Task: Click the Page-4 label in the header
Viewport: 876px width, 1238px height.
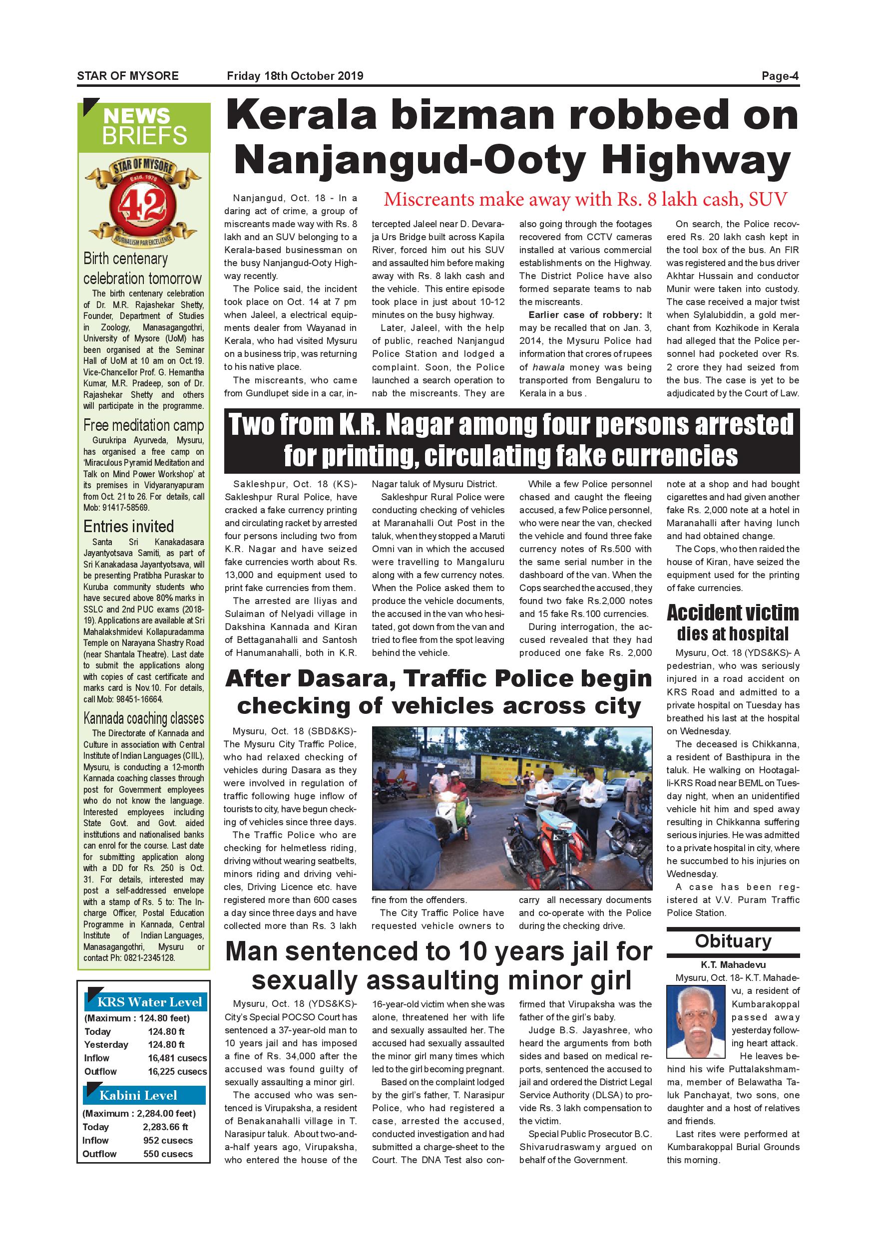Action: tap(780, 76)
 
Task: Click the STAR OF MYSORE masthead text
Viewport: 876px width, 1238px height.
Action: tap(128, 76)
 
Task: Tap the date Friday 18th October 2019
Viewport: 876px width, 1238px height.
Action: tap(295, 76)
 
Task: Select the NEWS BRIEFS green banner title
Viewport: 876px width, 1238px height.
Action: tap(144, 127)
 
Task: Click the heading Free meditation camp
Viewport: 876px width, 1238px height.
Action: tap(143, 425)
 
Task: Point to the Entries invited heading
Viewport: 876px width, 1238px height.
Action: tap(128, 526)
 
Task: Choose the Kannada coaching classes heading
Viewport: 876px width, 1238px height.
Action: tap(143, 719)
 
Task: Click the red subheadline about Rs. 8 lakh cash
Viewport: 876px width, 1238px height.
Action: tap(585, 200)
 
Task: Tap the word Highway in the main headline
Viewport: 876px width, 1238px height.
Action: tap(696, 160)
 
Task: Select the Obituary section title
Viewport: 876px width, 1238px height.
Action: tap(733, 941)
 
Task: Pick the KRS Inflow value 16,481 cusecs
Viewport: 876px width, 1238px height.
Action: tap(177, 1058)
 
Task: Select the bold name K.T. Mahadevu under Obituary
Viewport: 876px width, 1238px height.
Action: tap(733, 964)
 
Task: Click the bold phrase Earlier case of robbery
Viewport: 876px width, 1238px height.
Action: tap(586, 315)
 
